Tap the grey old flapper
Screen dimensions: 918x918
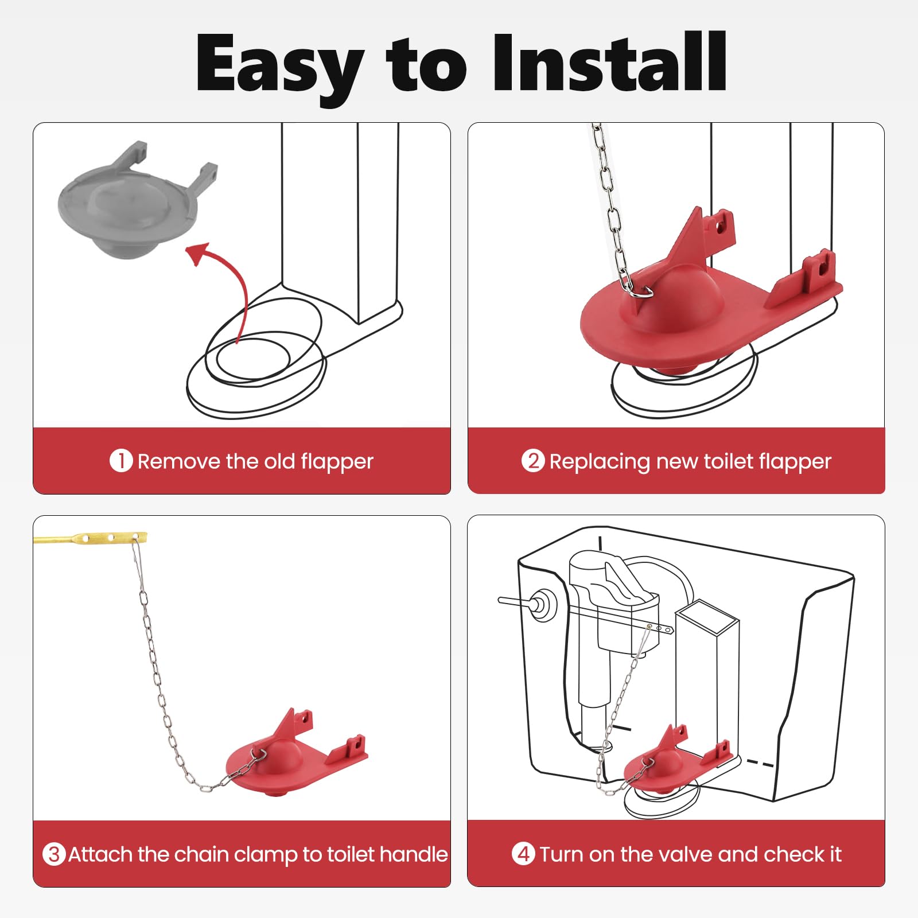coord(138,201)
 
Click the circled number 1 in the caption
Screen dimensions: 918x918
coord(121,461)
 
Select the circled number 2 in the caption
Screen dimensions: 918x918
coord(533,461)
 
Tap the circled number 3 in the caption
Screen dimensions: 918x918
coord(54,854)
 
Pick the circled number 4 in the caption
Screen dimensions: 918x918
coord(523,854)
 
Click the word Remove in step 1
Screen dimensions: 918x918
coord(179,461)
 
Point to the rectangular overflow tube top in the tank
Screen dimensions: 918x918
coord(706,617)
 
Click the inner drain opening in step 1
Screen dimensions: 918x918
coord(253,359)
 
